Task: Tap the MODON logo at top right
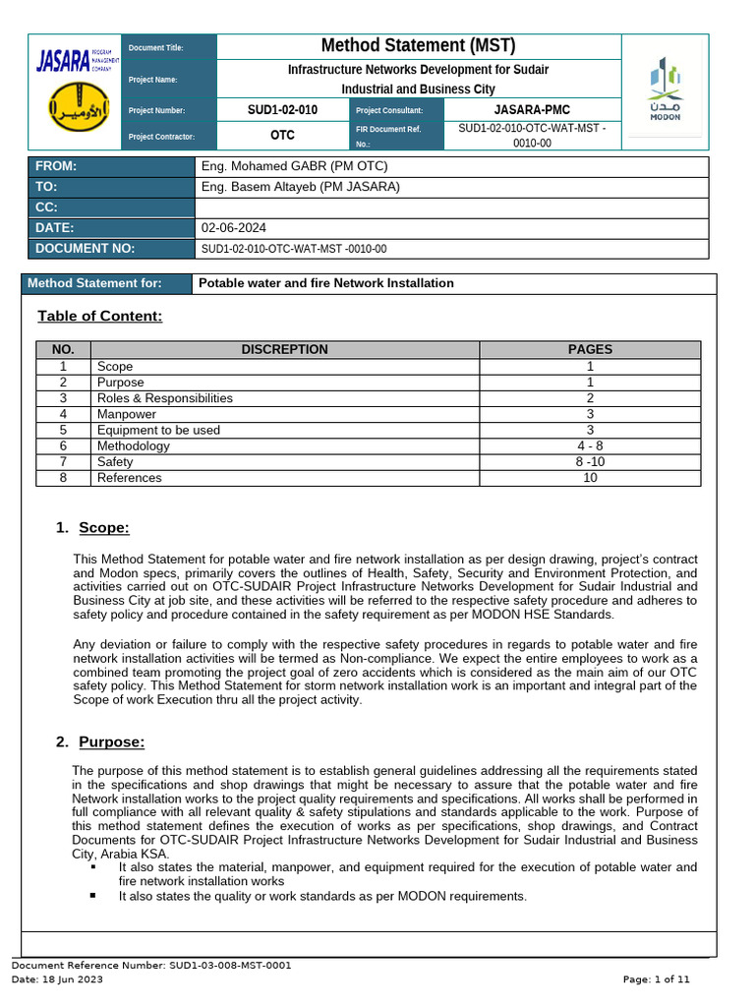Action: [665, 90]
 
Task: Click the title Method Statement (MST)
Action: [418, 46]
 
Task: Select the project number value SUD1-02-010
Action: [282, 110]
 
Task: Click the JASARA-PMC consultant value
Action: [531, 110]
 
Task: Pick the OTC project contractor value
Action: [282, 136]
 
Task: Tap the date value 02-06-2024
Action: [233, 228]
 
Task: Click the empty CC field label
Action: [46, 207]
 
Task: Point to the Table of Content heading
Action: [99, 316]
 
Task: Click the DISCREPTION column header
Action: [284, 349]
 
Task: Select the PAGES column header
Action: [590, 349]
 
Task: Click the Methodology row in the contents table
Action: [134, 446]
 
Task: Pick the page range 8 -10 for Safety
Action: [590, 462]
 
